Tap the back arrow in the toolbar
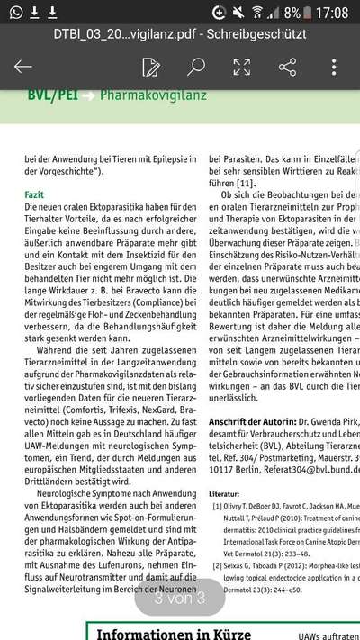23,67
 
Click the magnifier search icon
195,67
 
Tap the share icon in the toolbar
288,67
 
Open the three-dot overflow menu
334,67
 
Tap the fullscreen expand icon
242,67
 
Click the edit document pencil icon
151,67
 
